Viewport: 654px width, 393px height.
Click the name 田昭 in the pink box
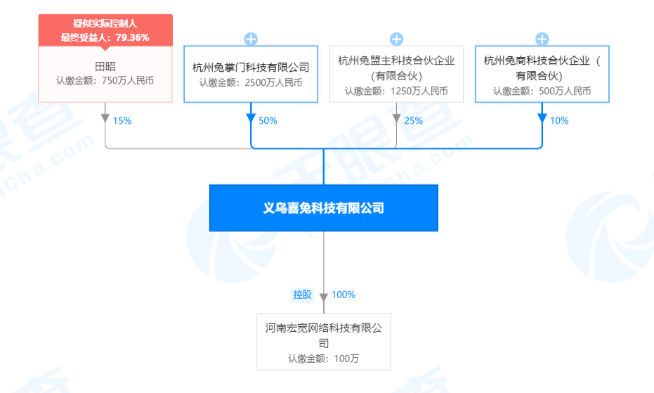(105, 66)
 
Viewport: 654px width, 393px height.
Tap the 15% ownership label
(122, 121)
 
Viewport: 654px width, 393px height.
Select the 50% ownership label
(268, 121)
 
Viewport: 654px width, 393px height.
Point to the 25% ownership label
(413, 121)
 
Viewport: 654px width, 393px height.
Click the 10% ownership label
(559, 121)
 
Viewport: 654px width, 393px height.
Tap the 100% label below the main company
(344, 295)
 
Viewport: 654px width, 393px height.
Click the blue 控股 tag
(302, 295)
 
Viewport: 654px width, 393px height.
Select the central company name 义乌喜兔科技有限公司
(324, 208)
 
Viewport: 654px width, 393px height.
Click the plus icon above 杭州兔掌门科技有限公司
(251, 39)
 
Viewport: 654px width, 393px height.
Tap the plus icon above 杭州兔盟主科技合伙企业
(396, 39)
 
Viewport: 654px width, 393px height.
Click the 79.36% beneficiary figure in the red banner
(132, 37)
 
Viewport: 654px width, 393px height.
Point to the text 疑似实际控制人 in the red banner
(105, 24)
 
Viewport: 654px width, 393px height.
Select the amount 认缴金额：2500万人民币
(251, 83)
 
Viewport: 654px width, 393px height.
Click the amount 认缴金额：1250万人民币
(396, 91)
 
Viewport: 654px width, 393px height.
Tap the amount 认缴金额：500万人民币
(542, 91)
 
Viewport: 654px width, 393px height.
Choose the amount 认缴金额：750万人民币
(105, 81)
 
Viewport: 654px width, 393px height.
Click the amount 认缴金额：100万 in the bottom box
(324, 359)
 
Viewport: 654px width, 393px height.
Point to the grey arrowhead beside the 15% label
(105, 119)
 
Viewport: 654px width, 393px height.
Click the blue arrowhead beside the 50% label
(251, 119)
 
